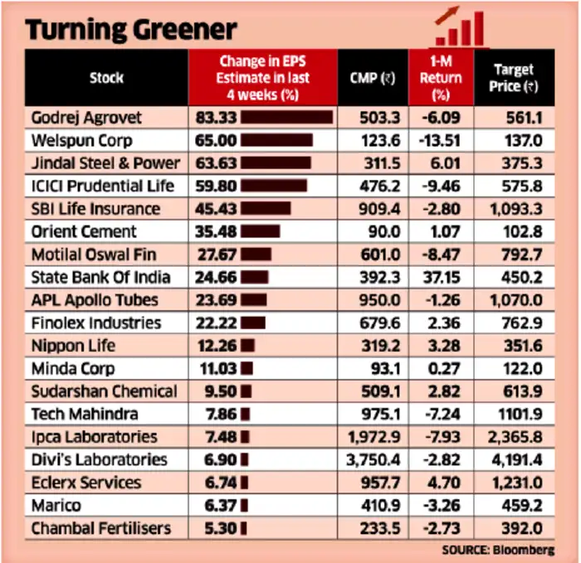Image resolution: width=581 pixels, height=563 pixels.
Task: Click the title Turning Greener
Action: click(131, 30)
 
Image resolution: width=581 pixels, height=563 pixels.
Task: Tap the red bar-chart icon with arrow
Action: click(460, 27)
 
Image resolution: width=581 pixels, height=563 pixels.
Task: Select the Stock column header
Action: click(106, 78)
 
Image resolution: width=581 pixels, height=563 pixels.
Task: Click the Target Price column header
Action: click(514, 78)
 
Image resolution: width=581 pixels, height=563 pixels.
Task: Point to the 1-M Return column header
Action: click(441, 78)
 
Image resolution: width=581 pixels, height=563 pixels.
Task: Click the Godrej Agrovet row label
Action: click(86, 118)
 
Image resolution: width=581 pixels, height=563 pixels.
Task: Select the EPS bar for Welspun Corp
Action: click(276, 140)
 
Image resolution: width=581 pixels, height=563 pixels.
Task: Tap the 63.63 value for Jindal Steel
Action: click(216, 163)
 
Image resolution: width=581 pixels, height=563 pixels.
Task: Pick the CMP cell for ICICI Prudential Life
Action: click(380, 186)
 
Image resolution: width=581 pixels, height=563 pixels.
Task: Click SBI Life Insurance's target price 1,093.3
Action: click(516, 209)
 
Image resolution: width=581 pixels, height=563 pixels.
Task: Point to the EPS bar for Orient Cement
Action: click(260, 231)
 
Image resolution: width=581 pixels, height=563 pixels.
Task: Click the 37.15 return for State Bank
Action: click(442, 277)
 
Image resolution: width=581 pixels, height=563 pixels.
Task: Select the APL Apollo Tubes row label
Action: click(95, 300)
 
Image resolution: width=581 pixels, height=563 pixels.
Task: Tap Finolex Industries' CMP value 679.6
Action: click(380, 323)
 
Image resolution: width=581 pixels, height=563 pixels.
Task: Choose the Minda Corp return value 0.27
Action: click(444, 369)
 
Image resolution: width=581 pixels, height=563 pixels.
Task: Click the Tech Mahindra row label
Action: click(85, 415)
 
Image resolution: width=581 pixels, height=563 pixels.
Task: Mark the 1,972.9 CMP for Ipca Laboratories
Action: click(374, 437)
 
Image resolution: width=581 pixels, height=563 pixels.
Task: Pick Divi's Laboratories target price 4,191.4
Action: click(516, 460)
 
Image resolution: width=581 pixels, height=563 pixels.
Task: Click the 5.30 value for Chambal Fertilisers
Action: click(221, 528)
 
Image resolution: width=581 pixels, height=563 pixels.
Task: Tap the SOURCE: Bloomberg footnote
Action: click(498, 551)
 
